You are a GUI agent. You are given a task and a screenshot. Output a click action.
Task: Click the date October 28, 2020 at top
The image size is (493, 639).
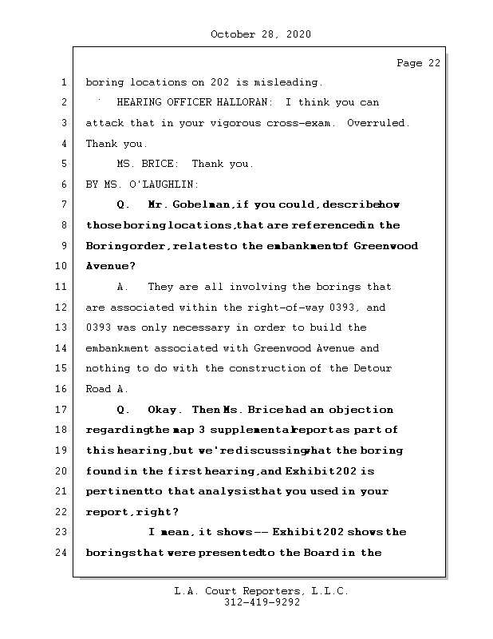coord(261,34)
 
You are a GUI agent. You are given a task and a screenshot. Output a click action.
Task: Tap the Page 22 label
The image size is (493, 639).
coord(418,63)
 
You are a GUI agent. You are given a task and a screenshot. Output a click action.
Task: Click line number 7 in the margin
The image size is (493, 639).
coord(62,205)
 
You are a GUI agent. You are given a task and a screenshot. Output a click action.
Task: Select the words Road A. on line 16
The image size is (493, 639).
coord(106,389)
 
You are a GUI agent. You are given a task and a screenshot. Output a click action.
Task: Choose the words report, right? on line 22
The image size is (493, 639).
coord(132,512)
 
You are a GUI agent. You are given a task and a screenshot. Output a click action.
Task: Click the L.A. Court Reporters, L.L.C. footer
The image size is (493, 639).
coord(261,592)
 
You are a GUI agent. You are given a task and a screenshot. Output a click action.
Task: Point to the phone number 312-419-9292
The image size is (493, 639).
coord(261,603)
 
